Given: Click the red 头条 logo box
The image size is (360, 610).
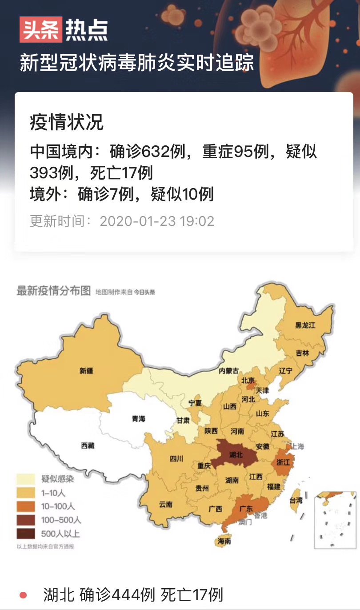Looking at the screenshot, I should click(x=40, y=29).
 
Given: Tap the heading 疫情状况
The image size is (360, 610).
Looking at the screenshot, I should click(x=67, y=122).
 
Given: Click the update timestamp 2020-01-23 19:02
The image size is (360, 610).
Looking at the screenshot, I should click(x=157, y=221).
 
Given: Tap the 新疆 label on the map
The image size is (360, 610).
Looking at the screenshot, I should click(x=87, y=370).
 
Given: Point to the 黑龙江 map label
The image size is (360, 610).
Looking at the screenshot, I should click(x=305, y=325).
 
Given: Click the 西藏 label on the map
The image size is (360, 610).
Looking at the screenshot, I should click(x=88, y=445).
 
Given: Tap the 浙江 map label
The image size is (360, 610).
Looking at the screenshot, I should click(x=283, y=462).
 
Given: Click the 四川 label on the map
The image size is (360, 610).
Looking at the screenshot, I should click(x=176, y=460).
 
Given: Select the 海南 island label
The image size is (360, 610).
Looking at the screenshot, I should click(x=224, y=541).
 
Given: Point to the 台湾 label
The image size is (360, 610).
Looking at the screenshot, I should click(x=296, y=500).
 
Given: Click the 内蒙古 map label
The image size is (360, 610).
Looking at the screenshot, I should click(x=228, y=371).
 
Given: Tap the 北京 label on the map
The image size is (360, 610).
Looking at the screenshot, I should click(x=248, y=381).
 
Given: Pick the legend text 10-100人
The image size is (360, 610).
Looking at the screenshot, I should click(x=59, y=506).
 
